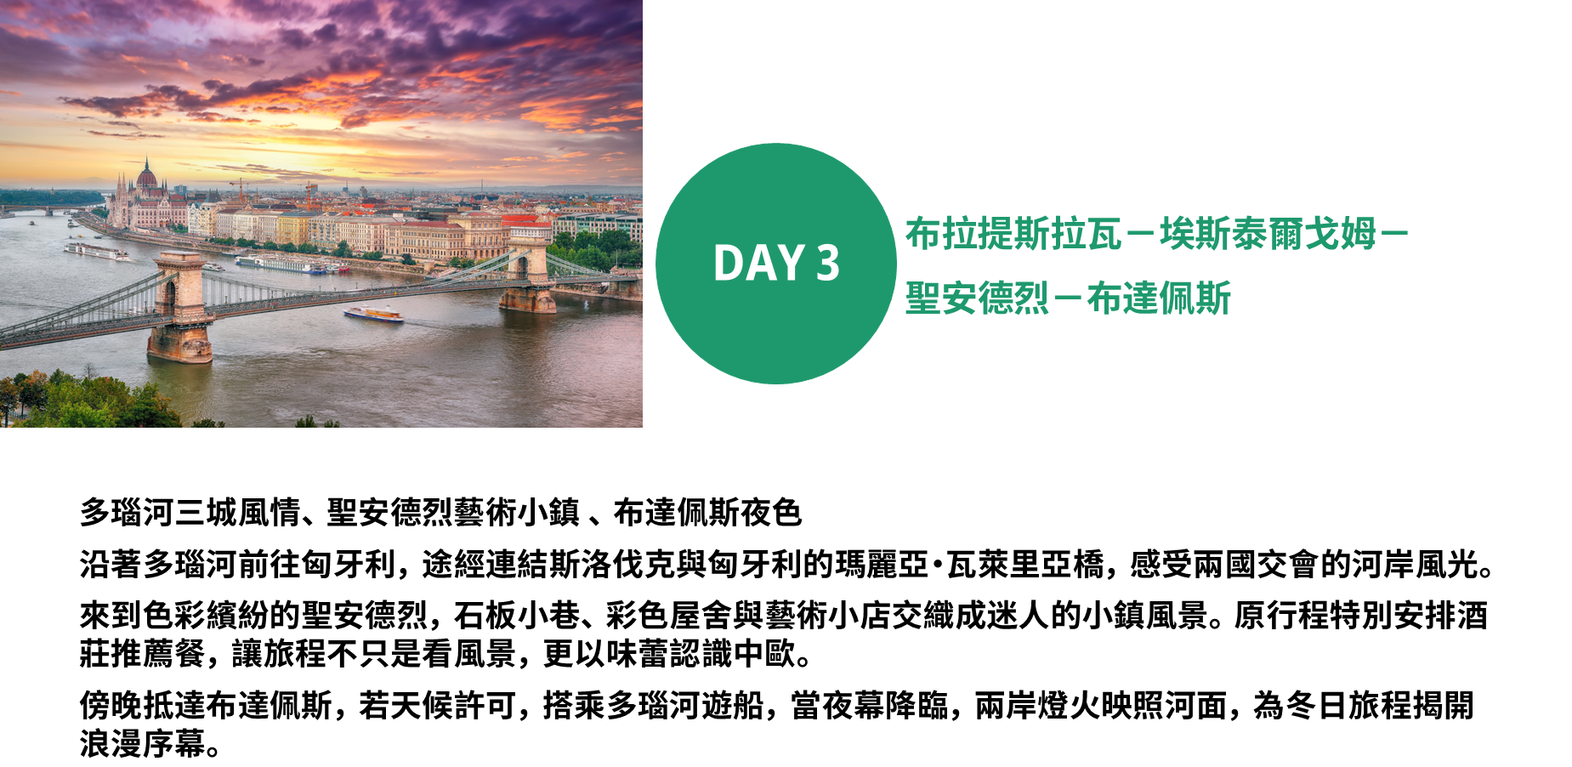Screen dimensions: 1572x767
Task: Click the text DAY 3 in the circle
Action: pyautogui.click(x=776, y=263)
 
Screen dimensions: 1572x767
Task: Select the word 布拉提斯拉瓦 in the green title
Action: pyautogui.click(x=1013, y=235)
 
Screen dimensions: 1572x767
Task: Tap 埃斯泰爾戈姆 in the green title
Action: pyautogui.click(x=1268, y=235)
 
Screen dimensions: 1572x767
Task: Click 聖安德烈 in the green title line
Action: pyautogui.click(x=978, y=298)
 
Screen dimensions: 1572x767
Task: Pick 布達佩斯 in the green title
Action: pyautogui.click(x=1159, y=298)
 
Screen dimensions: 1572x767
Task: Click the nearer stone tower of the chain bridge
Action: pyautogui.click(x=179, y=306)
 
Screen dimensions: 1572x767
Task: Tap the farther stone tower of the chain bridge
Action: pyautogui.click(x=528, y=272)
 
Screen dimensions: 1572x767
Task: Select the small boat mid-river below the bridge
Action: pyautogui.click(x=373, y=314)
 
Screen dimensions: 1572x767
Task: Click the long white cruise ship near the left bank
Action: pyautogui.click(x=97, y=252)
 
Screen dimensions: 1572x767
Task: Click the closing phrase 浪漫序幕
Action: pyautogui.click(x=143, y=744)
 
